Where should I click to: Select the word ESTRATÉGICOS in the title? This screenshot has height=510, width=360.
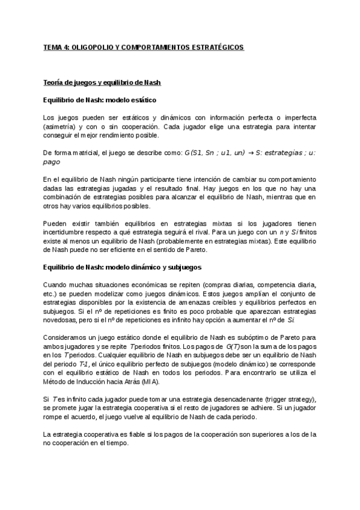click(x=215, y=48)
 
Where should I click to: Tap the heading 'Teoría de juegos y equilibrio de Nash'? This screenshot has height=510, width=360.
click(x=102, y=82)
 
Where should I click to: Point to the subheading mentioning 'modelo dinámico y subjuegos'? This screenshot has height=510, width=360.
click(x=122, y=266)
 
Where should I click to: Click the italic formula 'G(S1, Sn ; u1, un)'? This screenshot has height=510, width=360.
click(x=216, y=153)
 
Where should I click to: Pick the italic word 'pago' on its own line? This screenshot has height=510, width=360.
click(x=52, y=162)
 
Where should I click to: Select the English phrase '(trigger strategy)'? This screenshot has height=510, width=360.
click(x=286, y=400)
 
